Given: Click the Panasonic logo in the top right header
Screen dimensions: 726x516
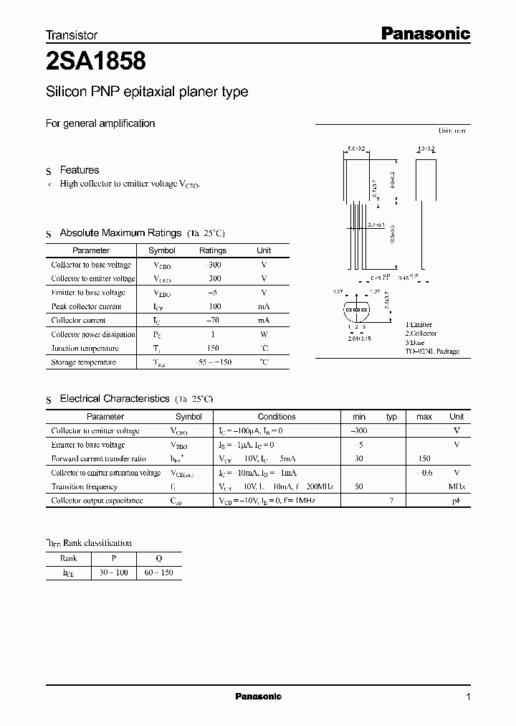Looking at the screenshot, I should coord(424,33).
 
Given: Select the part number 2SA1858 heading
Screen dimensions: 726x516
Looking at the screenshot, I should coord(96,62).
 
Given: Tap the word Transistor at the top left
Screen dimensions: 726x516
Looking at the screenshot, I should coord(72,34).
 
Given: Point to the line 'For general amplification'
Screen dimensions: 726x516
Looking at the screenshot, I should coord(100,123).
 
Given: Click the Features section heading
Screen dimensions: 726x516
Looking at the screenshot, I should coord(79,170).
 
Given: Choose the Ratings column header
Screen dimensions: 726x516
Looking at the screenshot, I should coord(212,250).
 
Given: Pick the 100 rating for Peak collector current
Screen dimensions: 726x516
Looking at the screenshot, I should coord(212,306).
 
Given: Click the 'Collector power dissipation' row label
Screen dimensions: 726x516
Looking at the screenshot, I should coord(93,334).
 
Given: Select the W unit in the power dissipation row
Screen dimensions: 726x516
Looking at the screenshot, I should coord(264,334).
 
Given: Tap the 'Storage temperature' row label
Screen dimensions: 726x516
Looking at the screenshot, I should coord(83,362).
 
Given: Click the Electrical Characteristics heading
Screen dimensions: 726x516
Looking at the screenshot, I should coord(115,398).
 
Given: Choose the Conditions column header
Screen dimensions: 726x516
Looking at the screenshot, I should coord(277,417).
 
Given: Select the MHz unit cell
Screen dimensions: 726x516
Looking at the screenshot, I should coord(457,486).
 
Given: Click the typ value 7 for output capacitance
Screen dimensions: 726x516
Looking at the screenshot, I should coord(391,500).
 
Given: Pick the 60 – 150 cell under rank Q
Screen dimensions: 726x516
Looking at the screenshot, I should coord(158,572).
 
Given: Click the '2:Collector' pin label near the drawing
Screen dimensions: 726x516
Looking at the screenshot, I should coord(421,334).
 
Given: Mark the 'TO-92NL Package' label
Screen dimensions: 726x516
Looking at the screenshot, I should coord(432,352).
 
